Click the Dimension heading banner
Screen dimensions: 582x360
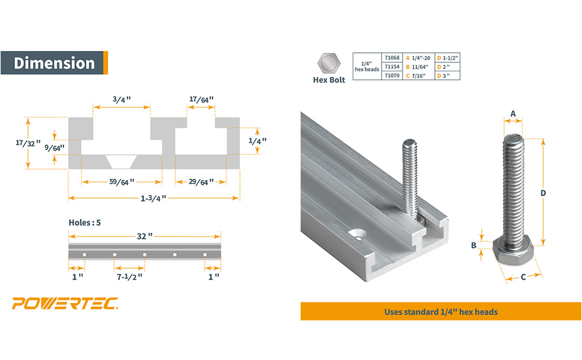pyautogui.click(x=54, y=63)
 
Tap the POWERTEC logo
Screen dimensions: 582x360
pyautogui.click(x=65, y=303)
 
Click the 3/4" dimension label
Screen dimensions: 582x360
pyautogui.click(x=122, y=100)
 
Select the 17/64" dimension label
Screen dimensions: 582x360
pyautogui.click(x=201, y=100)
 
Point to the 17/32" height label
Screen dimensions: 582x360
pyautogui.click(x=28, y=143)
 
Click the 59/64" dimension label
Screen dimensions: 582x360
pyautogui.click(x=122, y=182)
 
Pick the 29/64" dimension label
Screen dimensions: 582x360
pyautogui.click(x=201, y=182)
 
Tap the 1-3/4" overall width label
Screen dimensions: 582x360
pyautogui.click(x=153, y=198)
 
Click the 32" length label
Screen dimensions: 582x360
pyautogui.click(x=145, y=236)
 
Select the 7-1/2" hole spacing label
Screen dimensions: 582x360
pyautogui.click(x=130, y=277)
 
